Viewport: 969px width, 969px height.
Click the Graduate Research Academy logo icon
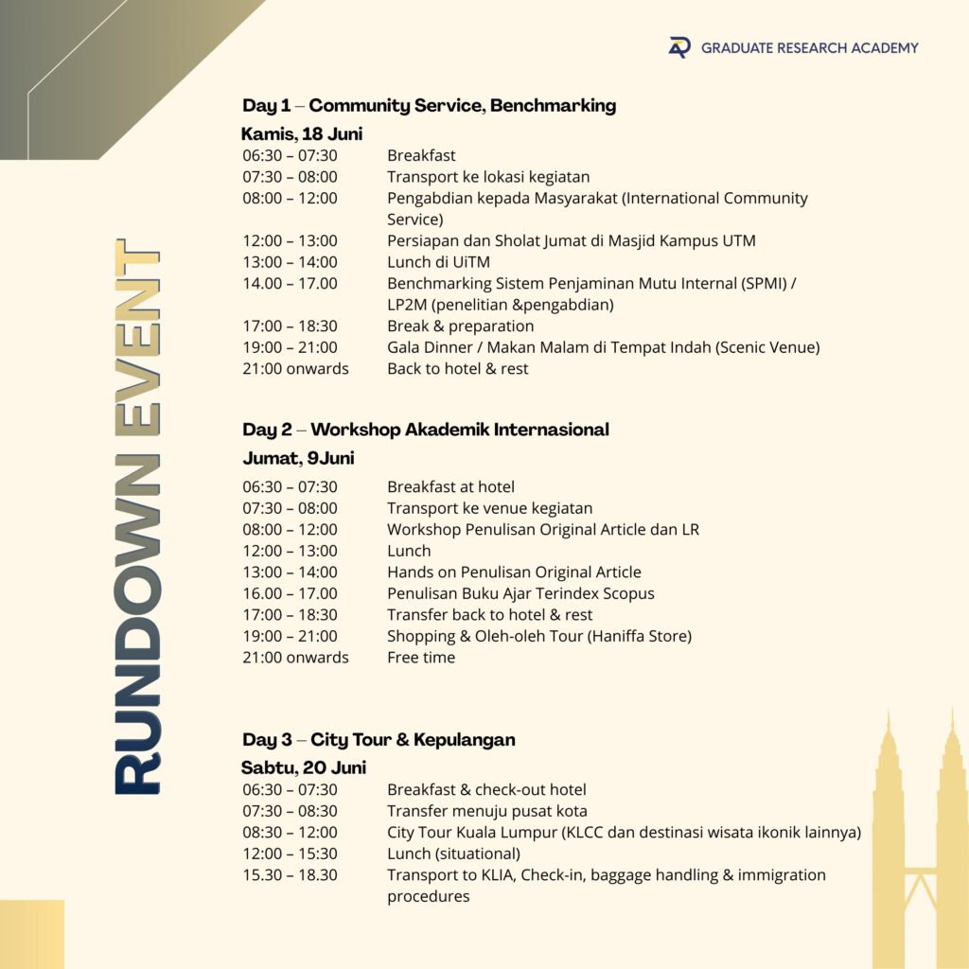coord(679,47)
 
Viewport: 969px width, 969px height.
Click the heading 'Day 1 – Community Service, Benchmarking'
coord(429,105)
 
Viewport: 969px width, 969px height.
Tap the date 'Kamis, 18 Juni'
coord(302,133)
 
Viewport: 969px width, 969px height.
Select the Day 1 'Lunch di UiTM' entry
coord(438,262)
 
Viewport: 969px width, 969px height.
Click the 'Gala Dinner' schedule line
coord(603,347)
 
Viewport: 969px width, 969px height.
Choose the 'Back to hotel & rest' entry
coord(457,369)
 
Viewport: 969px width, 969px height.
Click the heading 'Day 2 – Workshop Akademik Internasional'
coord(425,430)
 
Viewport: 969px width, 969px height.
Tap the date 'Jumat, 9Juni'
coord(298,458)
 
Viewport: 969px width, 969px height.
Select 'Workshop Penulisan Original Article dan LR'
coord(542,530)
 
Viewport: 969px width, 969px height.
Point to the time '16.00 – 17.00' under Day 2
coord(290,593)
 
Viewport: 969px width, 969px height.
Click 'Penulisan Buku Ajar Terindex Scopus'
coord(520,593)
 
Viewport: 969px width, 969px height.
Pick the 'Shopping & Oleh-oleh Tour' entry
coord(538,636)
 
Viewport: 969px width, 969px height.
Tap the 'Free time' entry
coord(421,658)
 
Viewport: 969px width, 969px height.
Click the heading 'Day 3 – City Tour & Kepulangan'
coord(379,739)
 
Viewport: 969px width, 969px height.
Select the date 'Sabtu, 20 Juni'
coord(303,767)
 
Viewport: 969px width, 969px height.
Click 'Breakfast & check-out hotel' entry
coord(486,790)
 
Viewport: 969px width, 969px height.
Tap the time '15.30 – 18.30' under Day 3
coord(290,875)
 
